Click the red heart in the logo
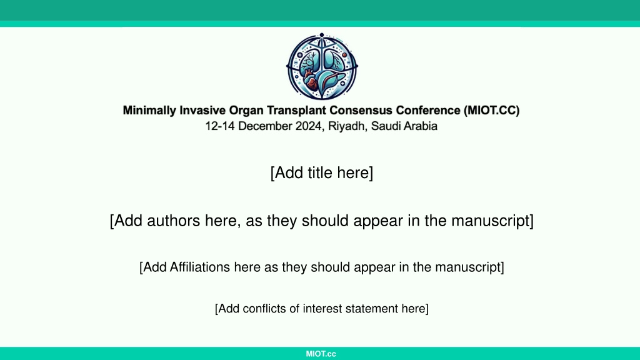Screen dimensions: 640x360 pos(311,82)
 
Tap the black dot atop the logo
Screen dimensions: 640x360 pos(322,35)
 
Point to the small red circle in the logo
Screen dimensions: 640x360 pos(344,55)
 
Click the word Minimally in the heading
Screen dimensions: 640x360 pos(149,111)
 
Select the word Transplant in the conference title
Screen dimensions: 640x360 pos(296,111)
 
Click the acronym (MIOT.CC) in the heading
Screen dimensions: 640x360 pos(491,111)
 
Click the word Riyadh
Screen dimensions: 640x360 pos(346,126)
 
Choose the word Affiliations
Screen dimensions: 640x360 pos(200,267)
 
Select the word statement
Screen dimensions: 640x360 pos(371,309)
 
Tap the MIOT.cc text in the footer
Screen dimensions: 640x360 pos(321,354)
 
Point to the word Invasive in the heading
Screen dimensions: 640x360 pos(202,111)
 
